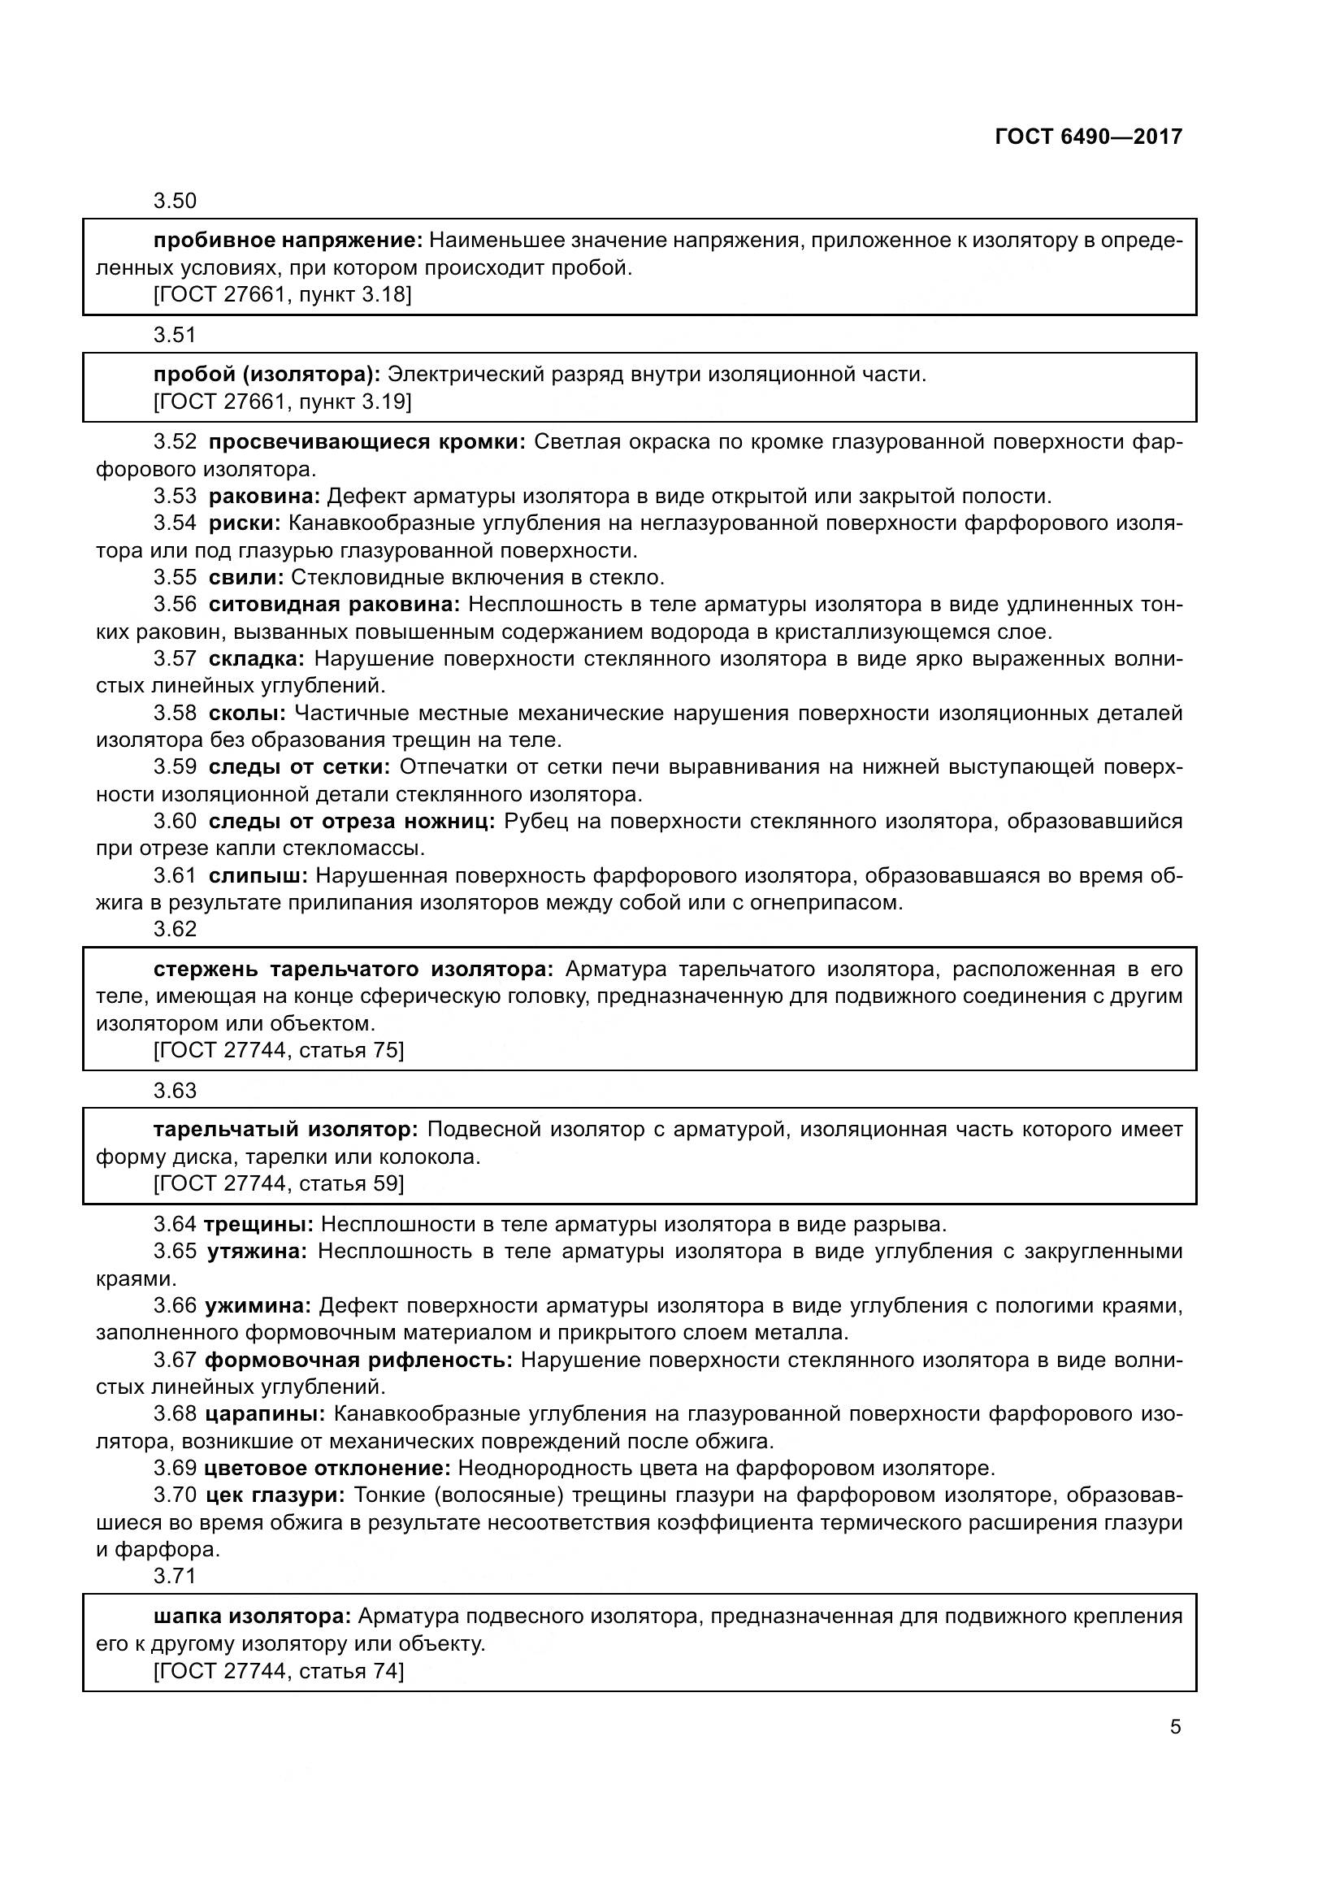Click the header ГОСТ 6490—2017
point(1088,137)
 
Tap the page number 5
point(1175,1727)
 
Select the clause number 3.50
point(175,202)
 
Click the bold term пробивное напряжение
point(288,241)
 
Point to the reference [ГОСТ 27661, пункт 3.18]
point(282,295)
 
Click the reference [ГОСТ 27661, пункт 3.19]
point(282,401)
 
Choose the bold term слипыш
point(258,875)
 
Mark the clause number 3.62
point(175,929)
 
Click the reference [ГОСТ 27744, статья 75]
point(279,1051)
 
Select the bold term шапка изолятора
point(253,1617)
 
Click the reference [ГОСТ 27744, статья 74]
point(279,1671)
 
